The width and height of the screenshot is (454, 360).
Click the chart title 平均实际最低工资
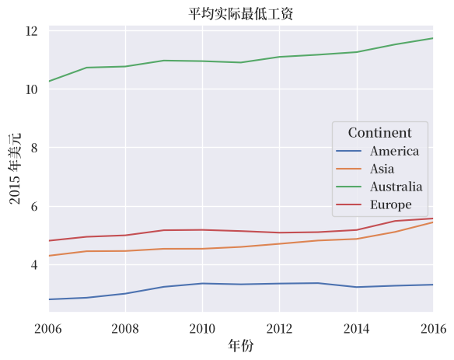pos(241,14)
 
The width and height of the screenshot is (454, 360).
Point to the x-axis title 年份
pos(241,345)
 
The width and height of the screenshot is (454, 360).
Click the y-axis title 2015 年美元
pos(15,169)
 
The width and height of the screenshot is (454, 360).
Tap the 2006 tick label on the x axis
pos(48,329)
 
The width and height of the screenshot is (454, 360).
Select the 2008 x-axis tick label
pos(125,329)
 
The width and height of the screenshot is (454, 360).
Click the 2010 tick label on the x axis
pos(202,329)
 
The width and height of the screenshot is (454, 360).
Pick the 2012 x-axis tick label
pos(279,329)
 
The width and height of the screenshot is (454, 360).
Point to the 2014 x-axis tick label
pos(356,329)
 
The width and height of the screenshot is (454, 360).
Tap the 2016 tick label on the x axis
pos(434,329)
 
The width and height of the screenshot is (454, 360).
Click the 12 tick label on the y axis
pos(32,31)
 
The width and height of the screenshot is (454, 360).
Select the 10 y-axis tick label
pos(32,89)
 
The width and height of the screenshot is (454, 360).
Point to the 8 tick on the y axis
pos(34,148)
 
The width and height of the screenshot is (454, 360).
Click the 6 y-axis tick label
pos(34,207)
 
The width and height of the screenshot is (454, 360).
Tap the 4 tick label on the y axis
pos(34,264)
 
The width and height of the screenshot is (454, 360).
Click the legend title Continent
pos(379,133)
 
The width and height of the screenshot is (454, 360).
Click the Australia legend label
pos(396,187)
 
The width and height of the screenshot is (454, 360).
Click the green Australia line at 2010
pos(202,61)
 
